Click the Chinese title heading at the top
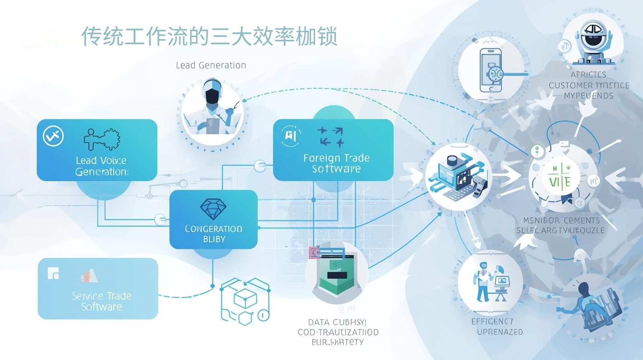[209, 37]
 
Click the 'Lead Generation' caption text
[211, 65]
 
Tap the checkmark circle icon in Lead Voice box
[53, 136]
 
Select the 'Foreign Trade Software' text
[336, 163]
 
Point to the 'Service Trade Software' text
[101, 301]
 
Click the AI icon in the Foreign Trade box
[291, 135]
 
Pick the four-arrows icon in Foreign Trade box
[331, 137]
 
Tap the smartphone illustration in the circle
[491, 70]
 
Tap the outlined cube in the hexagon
[245, 299]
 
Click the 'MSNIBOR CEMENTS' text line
[561, 220]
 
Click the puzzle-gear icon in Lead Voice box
[102, 139]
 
